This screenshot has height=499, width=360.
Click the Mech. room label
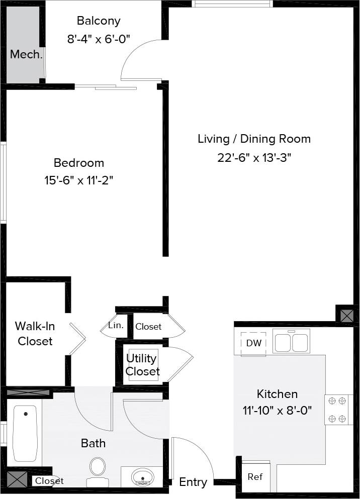pos(26,54)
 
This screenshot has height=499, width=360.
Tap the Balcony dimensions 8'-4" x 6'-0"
pos(99,39)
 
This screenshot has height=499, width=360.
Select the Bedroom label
pos(79,163)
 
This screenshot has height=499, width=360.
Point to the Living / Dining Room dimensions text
pos(254,157)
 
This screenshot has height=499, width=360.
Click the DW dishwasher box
pos(253,343)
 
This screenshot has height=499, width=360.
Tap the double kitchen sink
pos(292,341)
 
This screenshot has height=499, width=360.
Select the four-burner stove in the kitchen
pos(337,409)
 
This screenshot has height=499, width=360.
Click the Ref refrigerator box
pos(255,476)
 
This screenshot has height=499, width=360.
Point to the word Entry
pos(193,482)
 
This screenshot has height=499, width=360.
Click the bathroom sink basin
pos(143,476)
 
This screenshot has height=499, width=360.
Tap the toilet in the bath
pos(98,470)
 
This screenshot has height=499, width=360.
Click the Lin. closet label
pos(116,325)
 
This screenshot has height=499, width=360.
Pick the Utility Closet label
pos(142,365)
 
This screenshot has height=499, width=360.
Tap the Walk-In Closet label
pos(35,333)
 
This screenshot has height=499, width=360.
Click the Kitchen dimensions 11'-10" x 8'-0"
pos(277,410)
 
